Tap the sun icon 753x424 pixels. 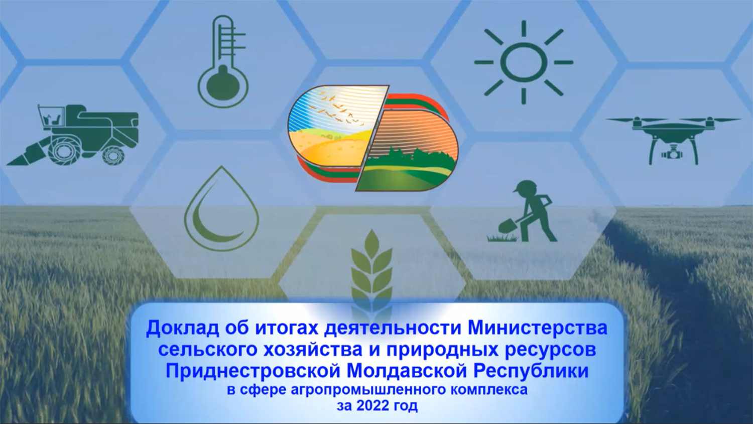(524, 62)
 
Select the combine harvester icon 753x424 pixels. (72, 135)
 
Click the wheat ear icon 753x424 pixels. (371, 269)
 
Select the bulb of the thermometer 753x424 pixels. (223, 85)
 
